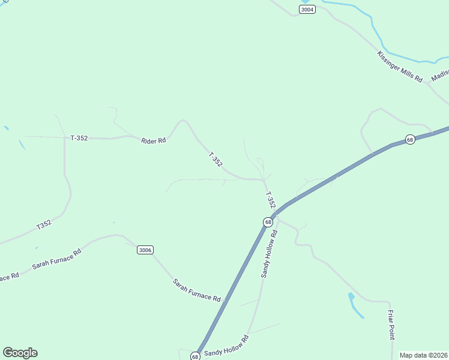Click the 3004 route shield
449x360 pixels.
coord(307,9)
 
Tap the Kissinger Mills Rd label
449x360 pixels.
coord(400,67)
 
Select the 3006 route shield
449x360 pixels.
coord(144,250)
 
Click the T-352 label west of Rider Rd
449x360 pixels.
coord(79,138)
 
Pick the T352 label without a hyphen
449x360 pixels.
coord(44,225)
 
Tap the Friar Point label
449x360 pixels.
coord(391,325)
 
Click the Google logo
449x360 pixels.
coord(20,353)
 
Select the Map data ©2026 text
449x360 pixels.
coord(423,355)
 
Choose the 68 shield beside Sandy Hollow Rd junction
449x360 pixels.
coord(268,222)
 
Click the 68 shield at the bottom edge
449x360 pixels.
coord(195,356)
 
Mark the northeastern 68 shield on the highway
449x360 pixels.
coord(410,139)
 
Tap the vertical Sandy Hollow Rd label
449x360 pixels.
coord(269,253)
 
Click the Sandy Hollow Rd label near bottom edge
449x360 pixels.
coord(226,346)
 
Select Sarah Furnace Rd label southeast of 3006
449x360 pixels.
coord(196,290)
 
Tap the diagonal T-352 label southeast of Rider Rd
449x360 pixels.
coord(215,160)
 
